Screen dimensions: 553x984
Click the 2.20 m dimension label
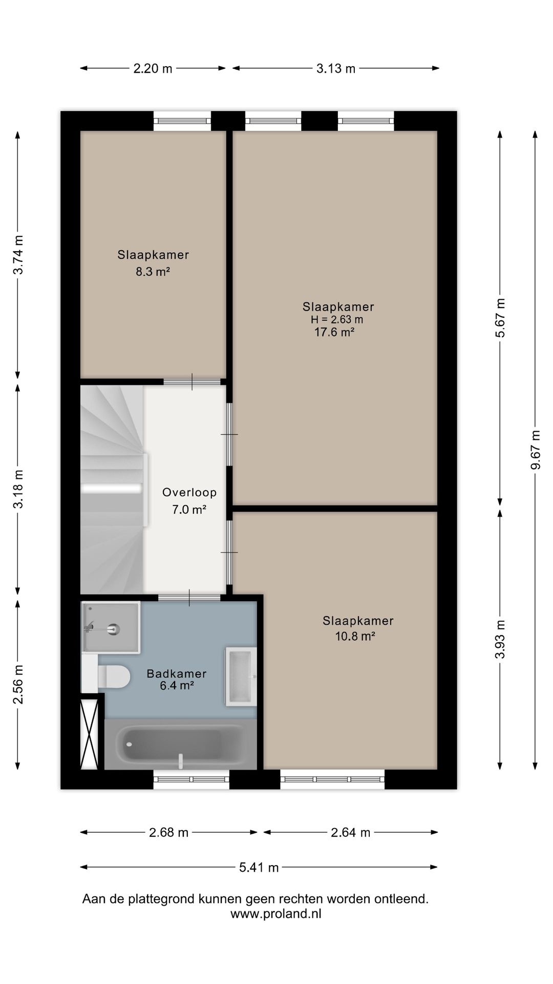(153, 68)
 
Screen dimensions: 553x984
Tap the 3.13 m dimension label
(335, 68)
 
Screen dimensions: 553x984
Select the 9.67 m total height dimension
(535, 449)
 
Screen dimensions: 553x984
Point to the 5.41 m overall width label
(259, 867)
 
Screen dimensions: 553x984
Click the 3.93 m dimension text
(500, 639)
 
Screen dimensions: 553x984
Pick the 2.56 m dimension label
(18, 684)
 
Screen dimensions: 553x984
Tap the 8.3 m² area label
(153, 271)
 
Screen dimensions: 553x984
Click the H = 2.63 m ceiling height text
(337, 319)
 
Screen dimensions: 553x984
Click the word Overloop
(189, 493)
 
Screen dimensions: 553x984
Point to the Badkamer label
(177, 673)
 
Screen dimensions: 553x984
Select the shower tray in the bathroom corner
(111, 627)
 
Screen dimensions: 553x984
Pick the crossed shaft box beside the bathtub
(89, 733)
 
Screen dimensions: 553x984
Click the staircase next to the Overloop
(112, 489)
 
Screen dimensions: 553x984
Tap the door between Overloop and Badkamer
(189, 598)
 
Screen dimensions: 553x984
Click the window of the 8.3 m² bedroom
(183, 121)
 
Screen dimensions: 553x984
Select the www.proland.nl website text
(276, 914)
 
